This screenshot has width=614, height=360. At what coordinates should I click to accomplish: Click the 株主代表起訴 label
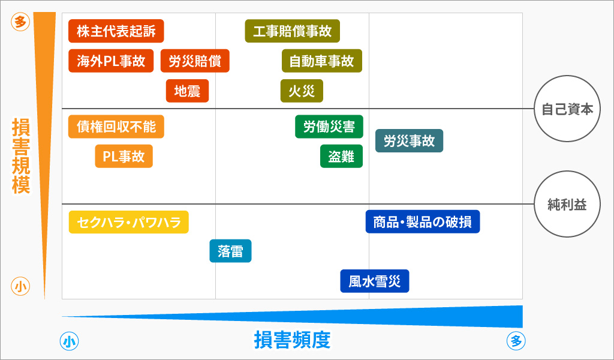(x=116, y=31)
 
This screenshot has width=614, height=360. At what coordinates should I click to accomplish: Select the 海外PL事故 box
(x=111, y=61)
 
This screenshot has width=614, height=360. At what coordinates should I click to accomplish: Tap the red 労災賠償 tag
(x=195, y=61)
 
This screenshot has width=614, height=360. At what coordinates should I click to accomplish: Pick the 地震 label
(x=187, y=91)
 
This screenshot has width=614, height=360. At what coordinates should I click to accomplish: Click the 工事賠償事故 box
(x=293, y=31)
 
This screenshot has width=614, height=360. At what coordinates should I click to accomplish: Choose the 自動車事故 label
(x=322, y=61)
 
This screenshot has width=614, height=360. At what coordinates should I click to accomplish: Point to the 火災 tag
(x=302, y=91)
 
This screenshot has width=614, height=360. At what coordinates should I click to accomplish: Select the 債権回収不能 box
(x=116, y=127)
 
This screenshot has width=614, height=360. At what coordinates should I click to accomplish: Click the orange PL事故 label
(x=124, y=157)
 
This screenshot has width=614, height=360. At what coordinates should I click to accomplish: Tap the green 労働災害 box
(x=329, y=127)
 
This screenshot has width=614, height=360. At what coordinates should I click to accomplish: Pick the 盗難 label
(x=341, y=157)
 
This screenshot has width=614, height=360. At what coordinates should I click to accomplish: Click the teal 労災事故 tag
(x=409, y=140)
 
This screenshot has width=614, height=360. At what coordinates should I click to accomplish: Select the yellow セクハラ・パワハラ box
(x=129, y=222)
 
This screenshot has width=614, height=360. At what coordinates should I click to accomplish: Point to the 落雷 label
(x=231, y=251)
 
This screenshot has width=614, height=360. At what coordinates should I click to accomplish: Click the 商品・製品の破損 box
(x=423, y=222)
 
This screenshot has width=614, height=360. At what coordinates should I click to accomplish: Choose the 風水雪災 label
(x=375, y=281)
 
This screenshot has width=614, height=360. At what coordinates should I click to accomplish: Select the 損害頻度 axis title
(x=293, y=340)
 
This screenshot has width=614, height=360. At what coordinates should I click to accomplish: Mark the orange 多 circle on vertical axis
(x=20, y=22)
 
